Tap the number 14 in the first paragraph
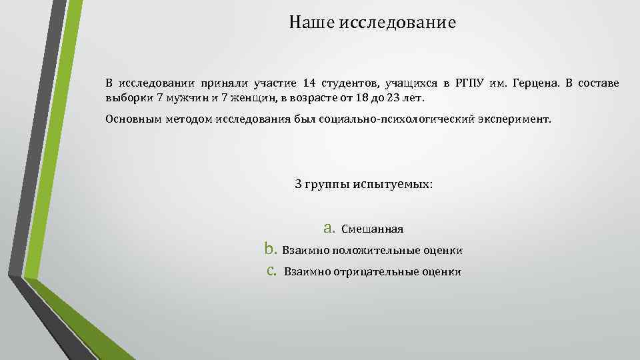(x=308, y=83)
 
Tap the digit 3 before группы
(x=298, y=183)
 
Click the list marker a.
(x=328, y=228)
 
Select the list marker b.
(x=270, y=249)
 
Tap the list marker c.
(x=271, y=271)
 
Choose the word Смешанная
(x=372, y=229)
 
